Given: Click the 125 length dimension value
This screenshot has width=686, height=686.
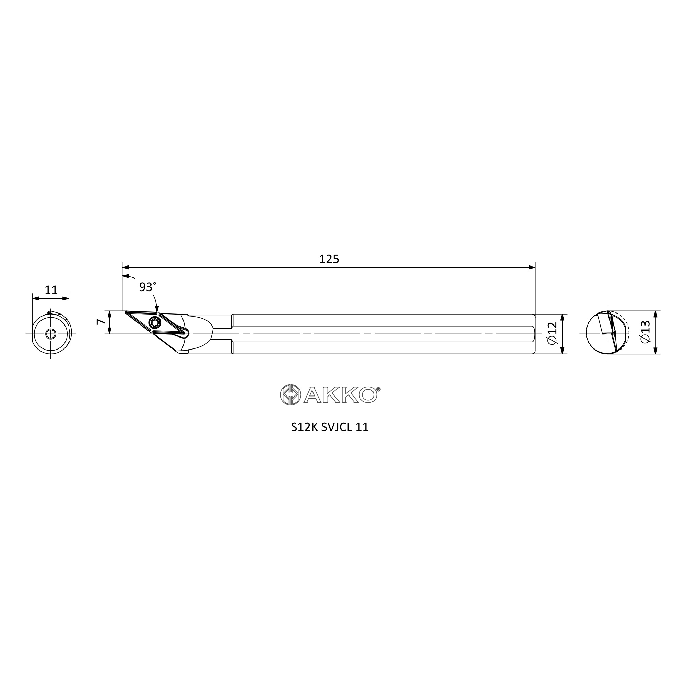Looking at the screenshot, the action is pyautogui.click(x=329, y=259).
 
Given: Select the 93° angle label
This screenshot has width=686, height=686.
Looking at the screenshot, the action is pyautogui.click(x=147, y=287).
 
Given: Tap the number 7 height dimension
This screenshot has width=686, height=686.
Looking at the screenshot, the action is pyautogui.click(x=101, y=322).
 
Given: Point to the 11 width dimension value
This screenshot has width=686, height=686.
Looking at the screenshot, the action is pyautogui.click(x=51, y=291).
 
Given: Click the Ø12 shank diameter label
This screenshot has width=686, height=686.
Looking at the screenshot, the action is pyautogui.click(x=553, y=333).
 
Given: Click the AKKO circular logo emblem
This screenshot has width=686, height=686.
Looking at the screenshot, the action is pyautogui.click(x=291, y=394).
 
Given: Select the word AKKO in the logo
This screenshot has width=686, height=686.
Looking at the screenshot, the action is pyautogui.click(x=340, y=395).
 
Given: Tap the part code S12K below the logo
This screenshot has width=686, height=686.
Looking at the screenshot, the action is pyautogui.click(x=304, y=427).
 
